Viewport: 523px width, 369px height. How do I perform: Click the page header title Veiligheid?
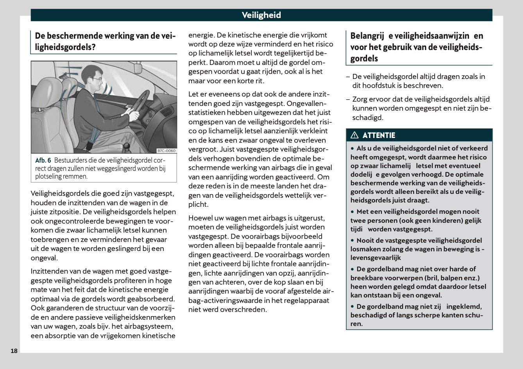pos(261,15)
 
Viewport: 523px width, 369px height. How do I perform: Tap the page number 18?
pos(14,351)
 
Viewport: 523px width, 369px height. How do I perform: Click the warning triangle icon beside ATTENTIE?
pos(355,135)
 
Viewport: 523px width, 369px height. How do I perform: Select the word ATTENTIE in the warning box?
pos(379,135)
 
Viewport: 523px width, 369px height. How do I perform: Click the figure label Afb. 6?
pos(43,160)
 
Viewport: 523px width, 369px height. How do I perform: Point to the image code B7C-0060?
pos(166,150)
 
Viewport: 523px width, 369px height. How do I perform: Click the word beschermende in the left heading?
pos(75,36)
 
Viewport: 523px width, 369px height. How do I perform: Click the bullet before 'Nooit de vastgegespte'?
pos(352,240)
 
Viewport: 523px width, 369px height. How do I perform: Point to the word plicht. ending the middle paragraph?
pos(198,204)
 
